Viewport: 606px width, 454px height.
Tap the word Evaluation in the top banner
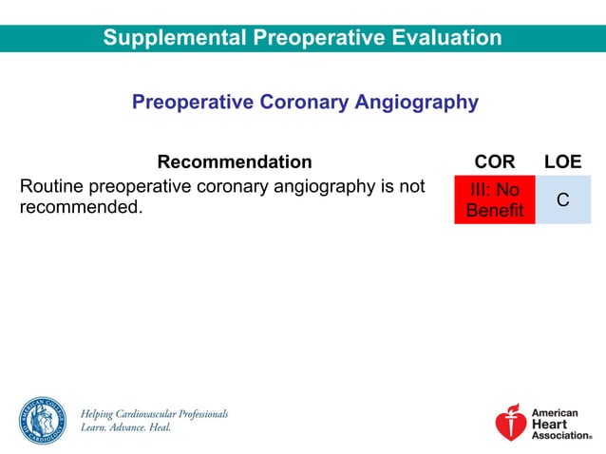(x=445, y=38)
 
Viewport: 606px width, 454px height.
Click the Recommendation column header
(x=234, y=162)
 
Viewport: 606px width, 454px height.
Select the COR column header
(x=494, y=162)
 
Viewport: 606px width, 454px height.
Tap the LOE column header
(x=562, y=162)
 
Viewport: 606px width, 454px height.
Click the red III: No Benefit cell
(x=494, y=200)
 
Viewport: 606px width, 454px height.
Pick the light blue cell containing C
(x=562, y=200)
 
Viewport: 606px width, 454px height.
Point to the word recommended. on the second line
(x=81, y=207)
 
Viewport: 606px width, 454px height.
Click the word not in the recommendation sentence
(x=410, y=187)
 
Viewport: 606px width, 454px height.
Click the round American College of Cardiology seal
(x=42, y=421)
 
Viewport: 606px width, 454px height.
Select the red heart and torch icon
(x=510, y=423)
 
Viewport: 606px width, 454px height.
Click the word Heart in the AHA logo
(x=548, y=425)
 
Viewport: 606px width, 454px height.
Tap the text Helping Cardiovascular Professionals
(x=154, y=414)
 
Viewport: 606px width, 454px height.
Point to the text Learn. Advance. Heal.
(x=125, y=428)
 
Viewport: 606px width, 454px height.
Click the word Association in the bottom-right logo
(x=560, y=435)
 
